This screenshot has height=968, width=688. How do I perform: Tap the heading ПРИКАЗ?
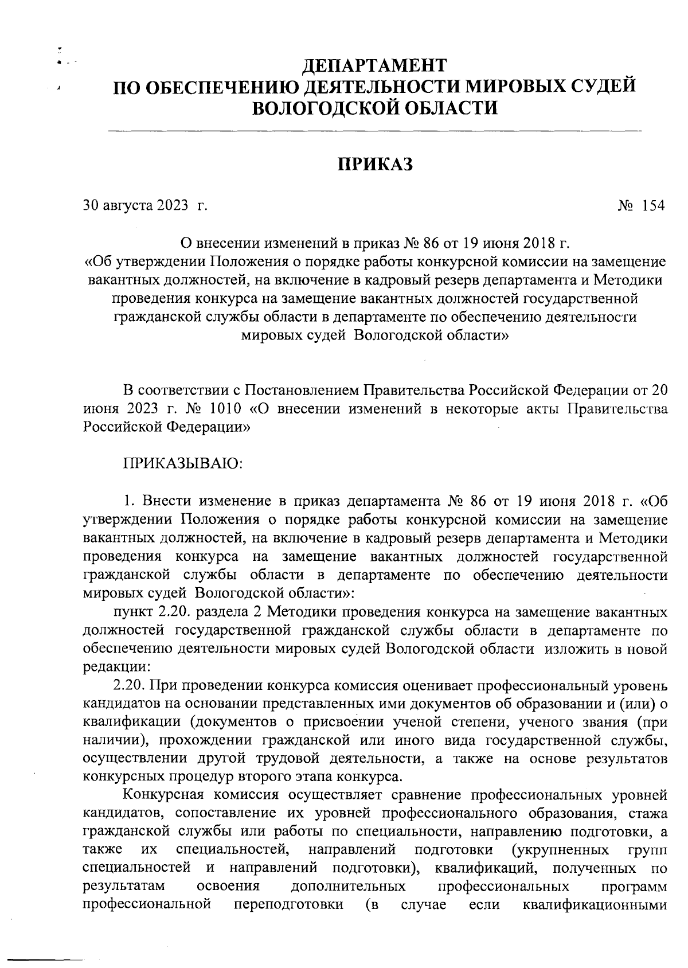374,164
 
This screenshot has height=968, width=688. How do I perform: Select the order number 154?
653,206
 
